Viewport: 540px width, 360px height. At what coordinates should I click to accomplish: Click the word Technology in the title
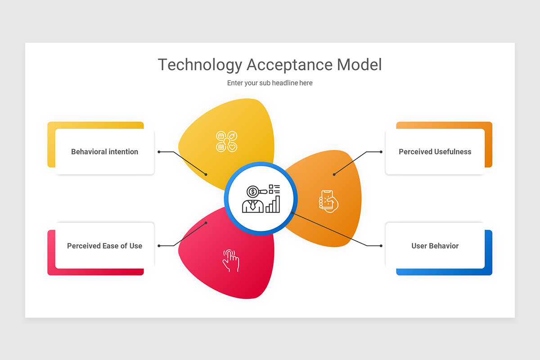pyautogui.click(x=199, y=65)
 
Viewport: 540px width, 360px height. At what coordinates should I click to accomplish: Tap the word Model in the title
pyautogui.click(x=359, y=65)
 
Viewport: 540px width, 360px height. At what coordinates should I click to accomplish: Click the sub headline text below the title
pyautogui.click(x=270, y=83)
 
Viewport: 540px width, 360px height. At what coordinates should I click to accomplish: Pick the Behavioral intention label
pyautogui.click(x=104, y=152)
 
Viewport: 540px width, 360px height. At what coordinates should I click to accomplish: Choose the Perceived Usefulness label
pyautogui.click(x=435, y=152)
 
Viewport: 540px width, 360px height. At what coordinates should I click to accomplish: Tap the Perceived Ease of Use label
pyautogui.click(x=104, y=246)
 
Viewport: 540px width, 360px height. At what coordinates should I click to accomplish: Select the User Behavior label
pyautogui.click(x=435, y=246)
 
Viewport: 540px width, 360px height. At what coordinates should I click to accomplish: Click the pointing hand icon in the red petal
pyautogui.click(x=231, y=261)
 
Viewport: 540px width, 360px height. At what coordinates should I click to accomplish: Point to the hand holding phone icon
pyautogui.click(x=328, y=201)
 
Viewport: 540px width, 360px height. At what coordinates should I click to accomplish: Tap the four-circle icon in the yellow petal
pyautogui.click(x=226, y=141)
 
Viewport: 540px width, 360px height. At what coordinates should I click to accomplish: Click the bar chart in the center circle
pyautogui.click(x=273, y=204)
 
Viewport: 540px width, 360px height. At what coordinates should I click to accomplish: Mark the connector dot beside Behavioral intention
pyautogui.click(x=159, y=152)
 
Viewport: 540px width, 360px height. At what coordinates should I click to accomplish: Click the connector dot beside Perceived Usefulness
pyautogui.click(x=381, y=152)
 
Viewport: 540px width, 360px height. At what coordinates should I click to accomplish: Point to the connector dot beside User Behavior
pyautogui.click(x=381, y=246)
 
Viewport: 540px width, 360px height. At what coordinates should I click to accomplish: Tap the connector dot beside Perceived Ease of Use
pyautogui.click(x=159, y=246)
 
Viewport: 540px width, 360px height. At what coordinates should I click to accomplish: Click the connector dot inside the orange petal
pyautogui.click(x=334, y=175)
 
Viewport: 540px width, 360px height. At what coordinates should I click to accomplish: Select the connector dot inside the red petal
pyautogui.click(x=206, y=223)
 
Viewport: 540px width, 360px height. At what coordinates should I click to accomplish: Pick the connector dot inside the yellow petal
pyautogui.click(x=206, y=175)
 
